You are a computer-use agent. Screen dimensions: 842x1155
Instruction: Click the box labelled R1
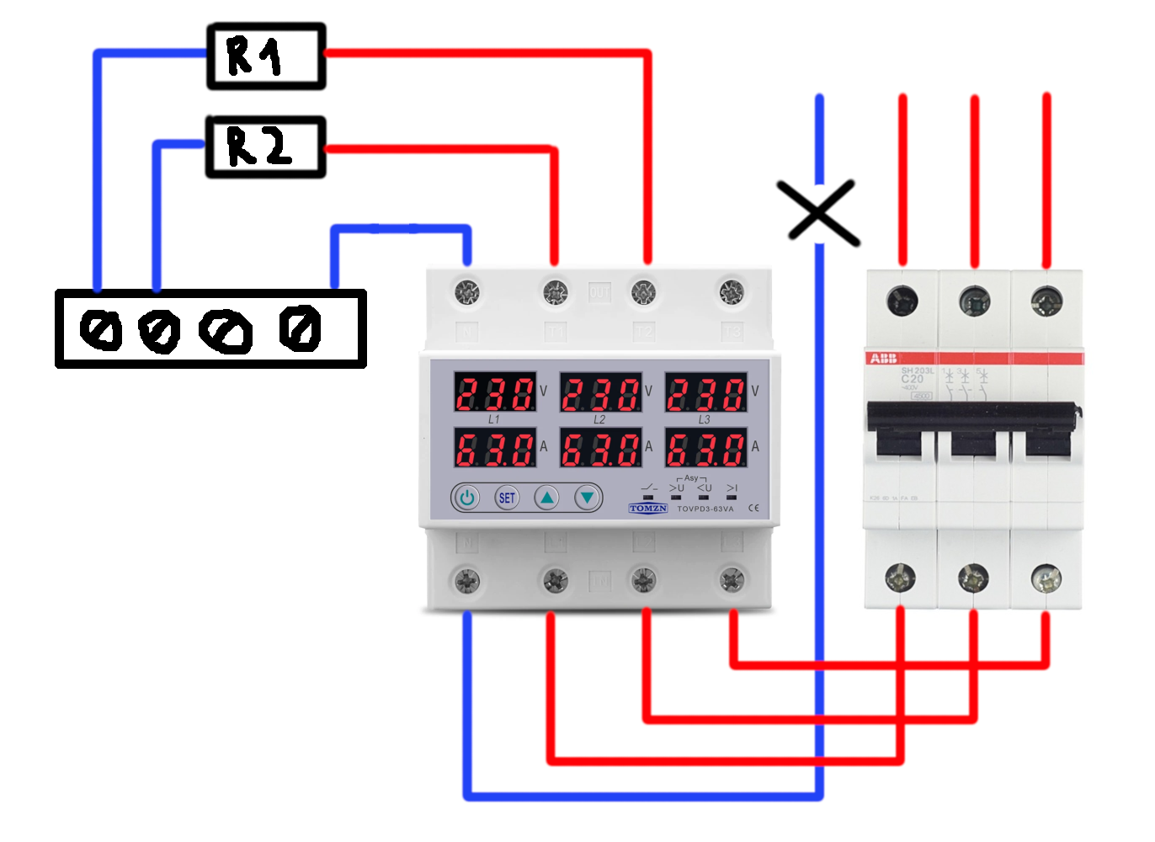coord(266,56)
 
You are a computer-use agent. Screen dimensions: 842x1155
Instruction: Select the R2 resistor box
coord(266,147)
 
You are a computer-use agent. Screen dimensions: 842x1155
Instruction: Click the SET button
coord(507,498)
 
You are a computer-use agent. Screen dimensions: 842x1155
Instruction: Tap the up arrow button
coord(547,498)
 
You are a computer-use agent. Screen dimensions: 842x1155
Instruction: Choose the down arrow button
coord(588,498)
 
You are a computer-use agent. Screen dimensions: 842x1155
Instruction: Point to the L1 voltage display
coord(495,392)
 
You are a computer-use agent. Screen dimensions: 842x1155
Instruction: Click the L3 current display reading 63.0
coord(706,448)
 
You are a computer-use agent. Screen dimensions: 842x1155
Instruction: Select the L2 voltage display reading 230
coord(600,392)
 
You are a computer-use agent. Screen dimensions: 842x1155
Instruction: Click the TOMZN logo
coord(647,509)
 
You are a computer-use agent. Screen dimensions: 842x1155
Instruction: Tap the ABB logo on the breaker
coord(883,359)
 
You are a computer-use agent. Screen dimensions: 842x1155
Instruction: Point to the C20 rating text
coord(912,379)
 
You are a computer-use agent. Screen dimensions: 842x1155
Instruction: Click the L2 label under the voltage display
coord(599,418)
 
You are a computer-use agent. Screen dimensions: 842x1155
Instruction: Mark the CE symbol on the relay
coord(753,508)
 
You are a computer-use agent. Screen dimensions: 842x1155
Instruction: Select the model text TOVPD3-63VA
coord(705,509)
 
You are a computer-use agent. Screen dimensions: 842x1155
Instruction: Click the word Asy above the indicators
coord(691,477)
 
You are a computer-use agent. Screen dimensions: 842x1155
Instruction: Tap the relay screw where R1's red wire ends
coord(643,292)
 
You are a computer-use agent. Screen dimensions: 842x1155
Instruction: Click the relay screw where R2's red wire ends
coord(555,292)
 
